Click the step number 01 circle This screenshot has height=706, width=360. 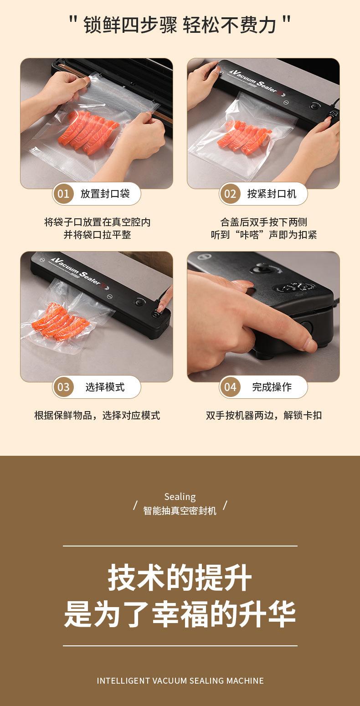(x=63, y=194)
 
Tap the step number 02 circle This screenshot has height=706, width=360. (x=230, y=194)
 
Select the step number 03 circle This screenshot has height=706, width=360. (x=63, y=386)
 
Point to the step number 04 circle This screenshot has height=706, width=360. (x=230, y=386)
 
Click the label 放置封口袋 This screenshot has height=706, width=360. (x=105, y=194)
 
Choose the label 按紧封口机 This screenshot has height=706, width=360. (x=272, y=194)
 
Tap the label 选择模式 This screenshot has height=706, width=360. (x=105, y=386)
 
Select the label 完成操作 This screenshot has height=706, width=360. (x=272, y=386)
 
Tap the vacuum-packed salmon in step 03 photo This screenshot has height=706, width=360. (x=60, y=322)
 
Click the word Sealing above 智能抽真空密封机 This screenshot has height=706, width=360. (x=180, y=497)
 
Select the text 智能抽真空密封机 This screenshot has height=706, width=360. (x=180, y=510)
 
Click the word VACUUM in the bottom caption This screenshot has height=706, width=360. (x=170, y=680)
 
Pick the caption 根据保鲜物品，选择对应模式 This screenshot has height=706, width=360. (x=97, y=415)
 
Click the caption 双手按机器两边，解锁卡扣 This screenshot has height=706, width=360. (x=264, y=415)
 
